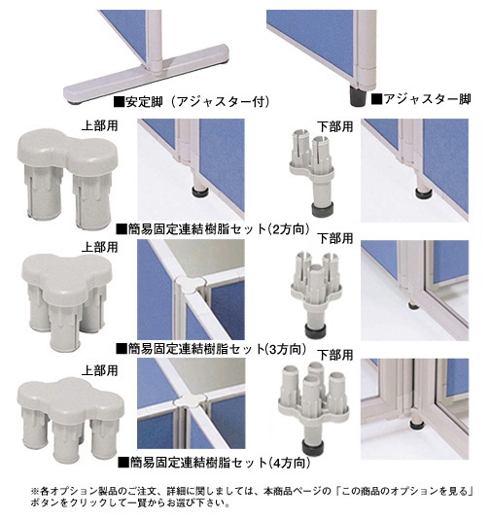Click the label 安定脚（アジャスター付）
click(191, 102)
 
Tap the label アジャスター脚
click(421, 99)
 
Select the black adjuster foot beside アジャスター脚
click(358, 96)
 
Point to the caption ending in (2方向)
click(214, 228)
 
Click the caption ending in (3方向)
click(211, 349)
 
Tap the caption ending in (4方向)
click(215, 462)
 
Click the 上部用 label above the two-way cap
click(100, 125)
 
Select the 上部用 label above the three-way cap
click(100, 247)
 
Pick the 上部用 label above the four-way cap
click(100, 370)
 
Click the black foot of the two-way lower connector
click(322, 210)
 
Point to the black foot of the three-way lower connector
click(315, 331)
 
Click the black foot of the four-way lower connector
click(313, 447)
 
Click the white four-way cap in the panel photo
click(190, 399)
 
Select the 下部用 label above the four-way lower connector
click(335, 355)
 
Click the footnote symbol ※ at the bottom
click(35, 491)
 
